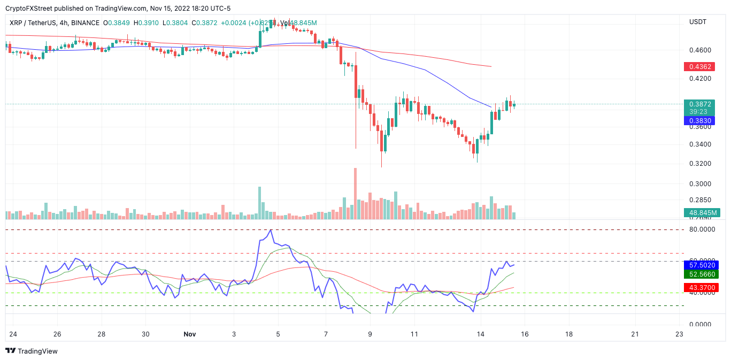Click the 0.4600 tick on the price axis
[700, 50]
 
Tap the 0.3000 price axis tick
[700, 183]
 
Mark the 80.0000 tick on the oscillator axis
[702, 229]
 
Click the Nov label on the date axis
[189, 334]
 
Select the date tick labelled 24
[13, 334]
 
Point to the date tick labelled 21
[635, 334]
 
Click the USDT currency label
[698, 22]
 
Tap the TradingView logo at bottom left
[32, 351]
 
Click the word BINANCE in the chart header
[86, 23]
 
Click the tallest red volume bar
[355, 193]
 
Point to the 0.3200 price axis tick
[700, 164]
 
